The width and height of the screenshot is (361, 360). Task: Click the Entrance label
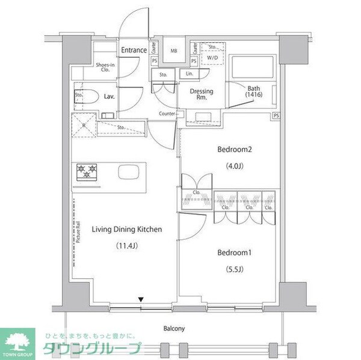pos(134,50)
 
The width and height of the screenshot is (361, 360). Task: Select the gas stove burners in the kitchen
pos(87,172)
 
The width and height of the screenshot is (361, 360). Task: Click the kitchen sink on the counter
pos(131,172)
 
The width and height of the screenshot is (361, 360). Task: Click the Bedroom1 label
pos(233,252)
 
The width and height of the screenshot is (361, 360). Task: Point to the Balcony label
pos(174,329)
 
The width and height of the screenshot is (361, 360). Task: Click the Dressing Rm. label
pos(202,95)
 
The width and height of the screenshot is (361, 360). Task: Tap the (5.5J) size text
pos(233,269)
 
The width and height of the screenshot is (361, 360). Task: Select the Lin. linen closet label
pos(190,74)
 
